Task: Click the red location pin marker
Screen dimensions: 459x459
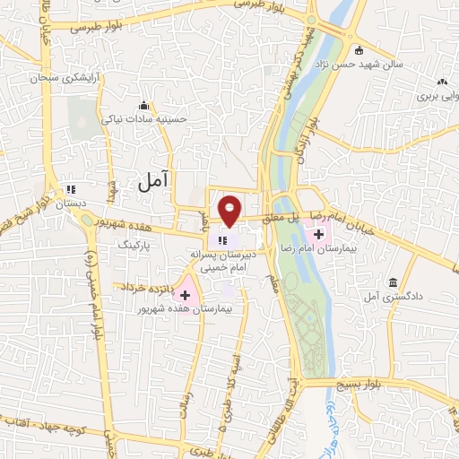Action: (230, 210)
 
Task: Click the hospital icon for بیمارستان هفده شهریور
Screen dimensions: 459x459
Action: (186, 295)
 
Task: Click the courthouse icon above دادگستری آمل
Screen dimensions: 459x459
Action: (394, 283)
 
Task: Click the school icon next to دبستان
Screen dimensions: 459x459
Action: (70, 189)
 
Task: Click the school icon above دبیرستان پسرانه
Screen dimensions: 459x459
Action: (223, 239)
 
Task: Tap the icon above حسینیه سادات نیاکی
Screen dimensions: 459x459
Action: (144, 104)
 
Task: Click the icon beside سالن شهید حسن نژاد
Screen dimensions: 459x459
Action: (359, 50)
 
